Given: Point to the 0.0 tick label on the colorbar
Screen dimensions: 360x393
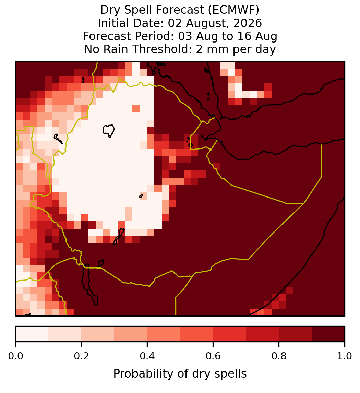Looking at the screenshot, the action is pyautogui.click(x=15, y=356).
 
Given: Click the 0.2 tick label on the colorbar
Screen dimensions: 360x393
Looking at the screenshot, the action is pyautogui.click(x=81, y=356).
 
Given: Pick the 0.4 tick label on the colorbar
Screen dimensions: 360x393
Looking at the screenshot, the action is pyautogui.click(x=147, y=356).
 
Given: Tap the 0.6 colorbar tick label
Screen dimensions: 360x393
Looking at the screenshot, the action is pyautogui.click(x=213, y=356).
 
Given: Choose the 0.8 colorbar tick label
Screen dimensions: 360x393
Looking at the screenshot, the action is pyautogui.click(x=279, y=356).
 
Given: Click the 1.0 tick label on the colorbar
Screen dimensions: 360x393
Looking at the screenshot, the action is pyautogui.click(x=345, y=356).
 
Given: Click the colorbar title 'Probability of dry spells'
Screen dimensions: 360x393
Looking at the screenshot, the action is pyautogui.click(x=180, y=374).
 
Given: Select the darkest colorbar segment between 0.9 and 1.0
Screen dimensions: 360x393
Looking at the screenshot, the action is pyautogui.click(x=328, y=334).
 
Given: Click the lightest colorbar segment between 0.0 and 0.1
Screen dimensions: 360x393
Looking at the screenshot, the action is pyautogui.click(x=32, y=334).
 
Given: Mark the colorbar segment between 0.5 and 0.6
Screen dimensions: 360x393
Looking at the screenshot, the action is pyautogui.click(x=197, y=334).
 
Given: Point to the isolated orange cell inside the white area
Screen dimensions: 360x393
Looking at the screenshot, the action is pyautogui.click(x=136, y=109).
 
